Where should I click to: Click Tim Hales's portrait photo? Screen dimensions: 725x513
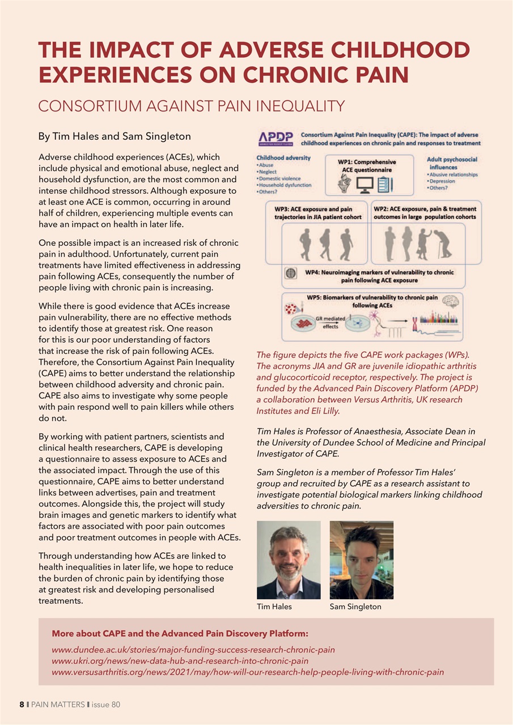point(289,560)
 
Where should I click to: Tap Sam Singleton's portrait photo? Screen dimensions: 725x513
point(361,560)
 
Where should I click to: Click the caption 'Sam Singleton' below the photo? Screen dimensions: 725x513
point(355,607)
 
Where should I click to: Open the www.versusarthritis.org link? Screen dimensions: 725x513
point(247,672)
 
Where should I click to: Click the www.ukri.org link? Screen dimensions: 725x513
point(180,660)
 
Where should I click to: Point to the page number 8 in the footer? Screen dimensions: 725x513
point(22,705)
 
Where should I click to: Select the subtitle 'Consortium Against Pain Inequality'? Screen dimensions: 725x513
point(191,106)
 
